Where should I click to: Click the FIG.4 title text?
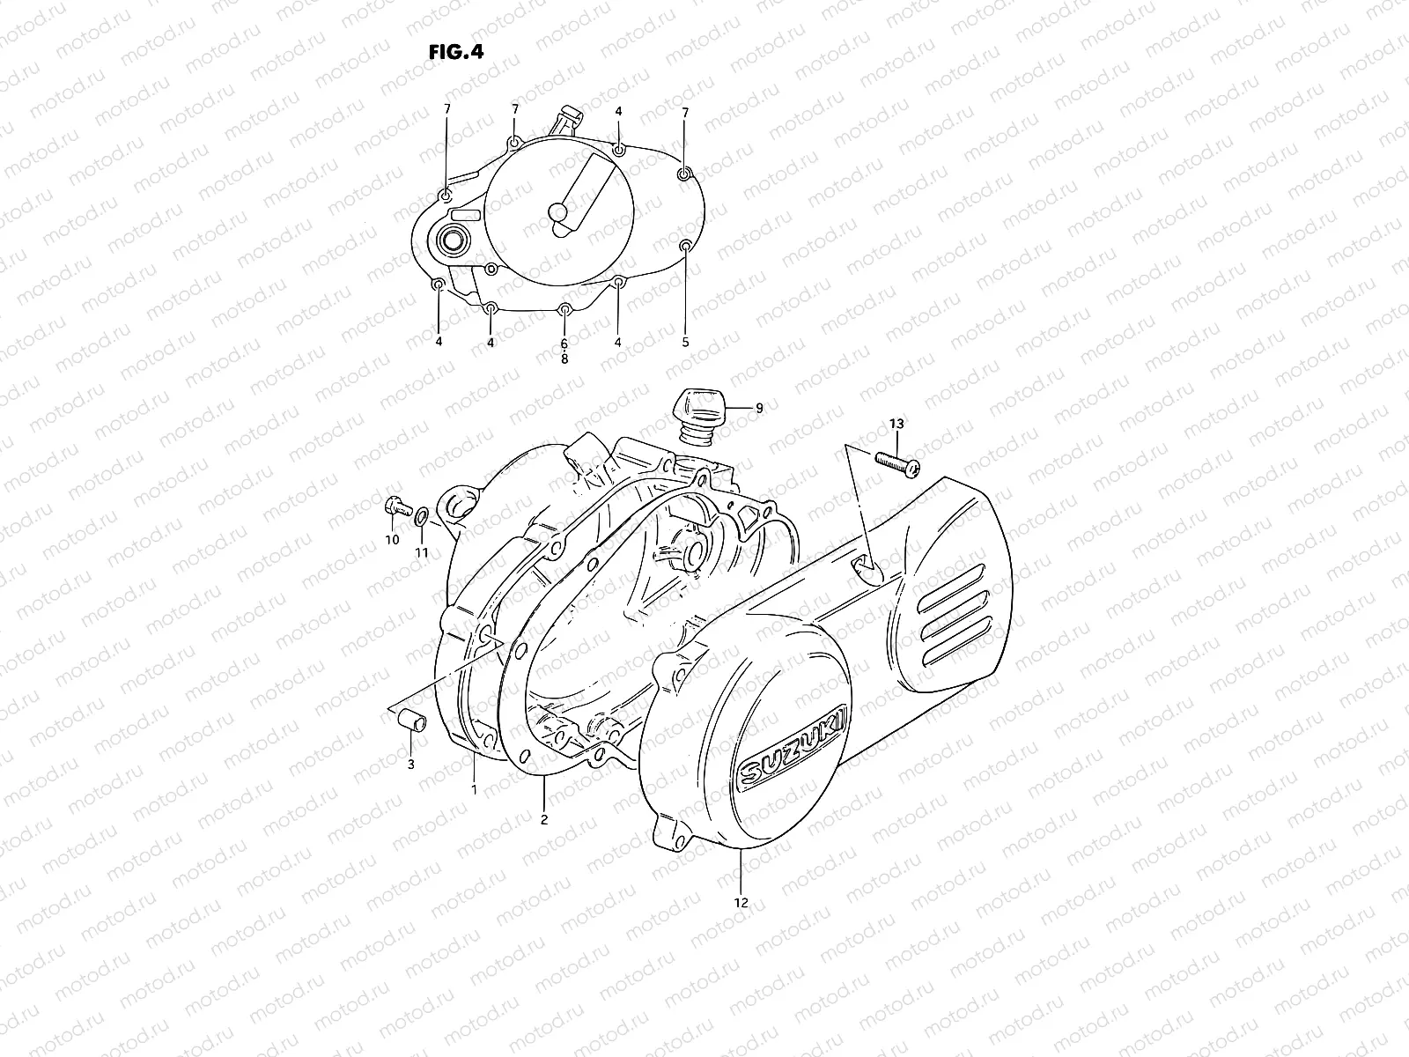coord(455,51)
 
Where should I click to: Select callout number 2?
coord(544,819)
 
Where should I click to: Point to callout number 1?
coord(474,790)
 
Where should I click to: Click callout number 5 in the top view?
coord(685,343)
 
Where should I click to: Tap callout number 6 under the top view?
coord(564,344)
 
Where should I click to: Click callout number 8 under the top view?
coord(564,359)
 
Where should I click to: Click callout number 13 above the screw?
coord(896,425)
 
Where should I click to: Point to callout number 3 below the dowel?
coord(410,765)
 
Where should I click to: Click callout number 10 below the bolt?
coord(392,539)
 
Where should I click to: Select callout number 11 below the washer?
coord(422,552)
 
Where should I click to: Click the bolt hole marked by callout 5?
coord(685,244)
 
